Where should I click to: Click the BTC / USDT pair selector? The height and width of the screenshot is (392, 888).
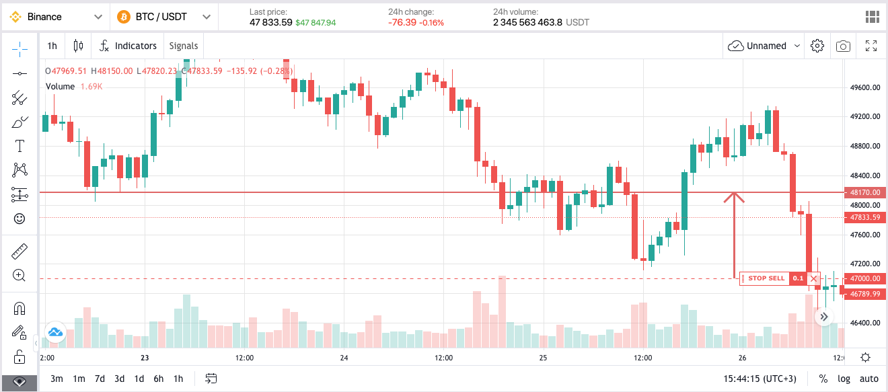[x=163, y=17]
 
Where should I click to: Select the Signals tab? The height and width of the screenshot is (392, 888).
[x=184, y=46]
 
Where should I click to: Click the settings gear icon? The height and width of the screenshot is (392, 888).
[x=817, y=46]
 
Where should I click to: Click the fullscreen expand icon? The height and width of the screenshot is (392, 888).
[x=871, y=46]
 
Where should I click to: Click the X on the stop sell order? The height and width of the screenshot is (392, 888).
[x=813, y=278]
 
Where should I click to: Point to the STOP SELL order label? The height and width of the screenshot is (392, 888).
[x=766, y=278]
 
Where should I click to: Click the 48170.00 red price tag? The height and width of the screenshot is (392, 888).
[x=865, y=192]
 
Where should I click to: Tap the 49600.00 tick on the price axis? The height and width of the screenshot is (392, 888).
[x=865, y=87]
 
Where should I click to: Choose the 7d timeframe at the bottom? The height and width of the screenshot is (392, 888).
[x=100, y=379]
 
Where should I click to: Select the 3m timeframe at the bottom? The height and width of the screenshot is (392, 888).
[x=57, y=379]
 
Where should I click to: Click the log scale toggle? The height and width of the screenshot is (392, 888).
[x=844, y=379]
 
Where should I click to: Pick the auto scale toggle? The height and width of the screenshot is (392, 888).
[x=869, y=379]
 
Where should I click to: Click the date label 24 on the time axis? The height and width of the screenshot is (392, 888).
[x=344, y=357]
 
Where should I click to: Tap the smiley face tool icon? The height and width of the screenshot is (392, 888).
[x=20, y=219]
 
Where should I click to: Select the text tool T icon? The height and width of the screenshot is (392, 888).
[x=20, y=145]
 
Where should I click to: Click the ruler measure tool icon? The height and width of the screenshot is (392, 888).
[x=20, y=251]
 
